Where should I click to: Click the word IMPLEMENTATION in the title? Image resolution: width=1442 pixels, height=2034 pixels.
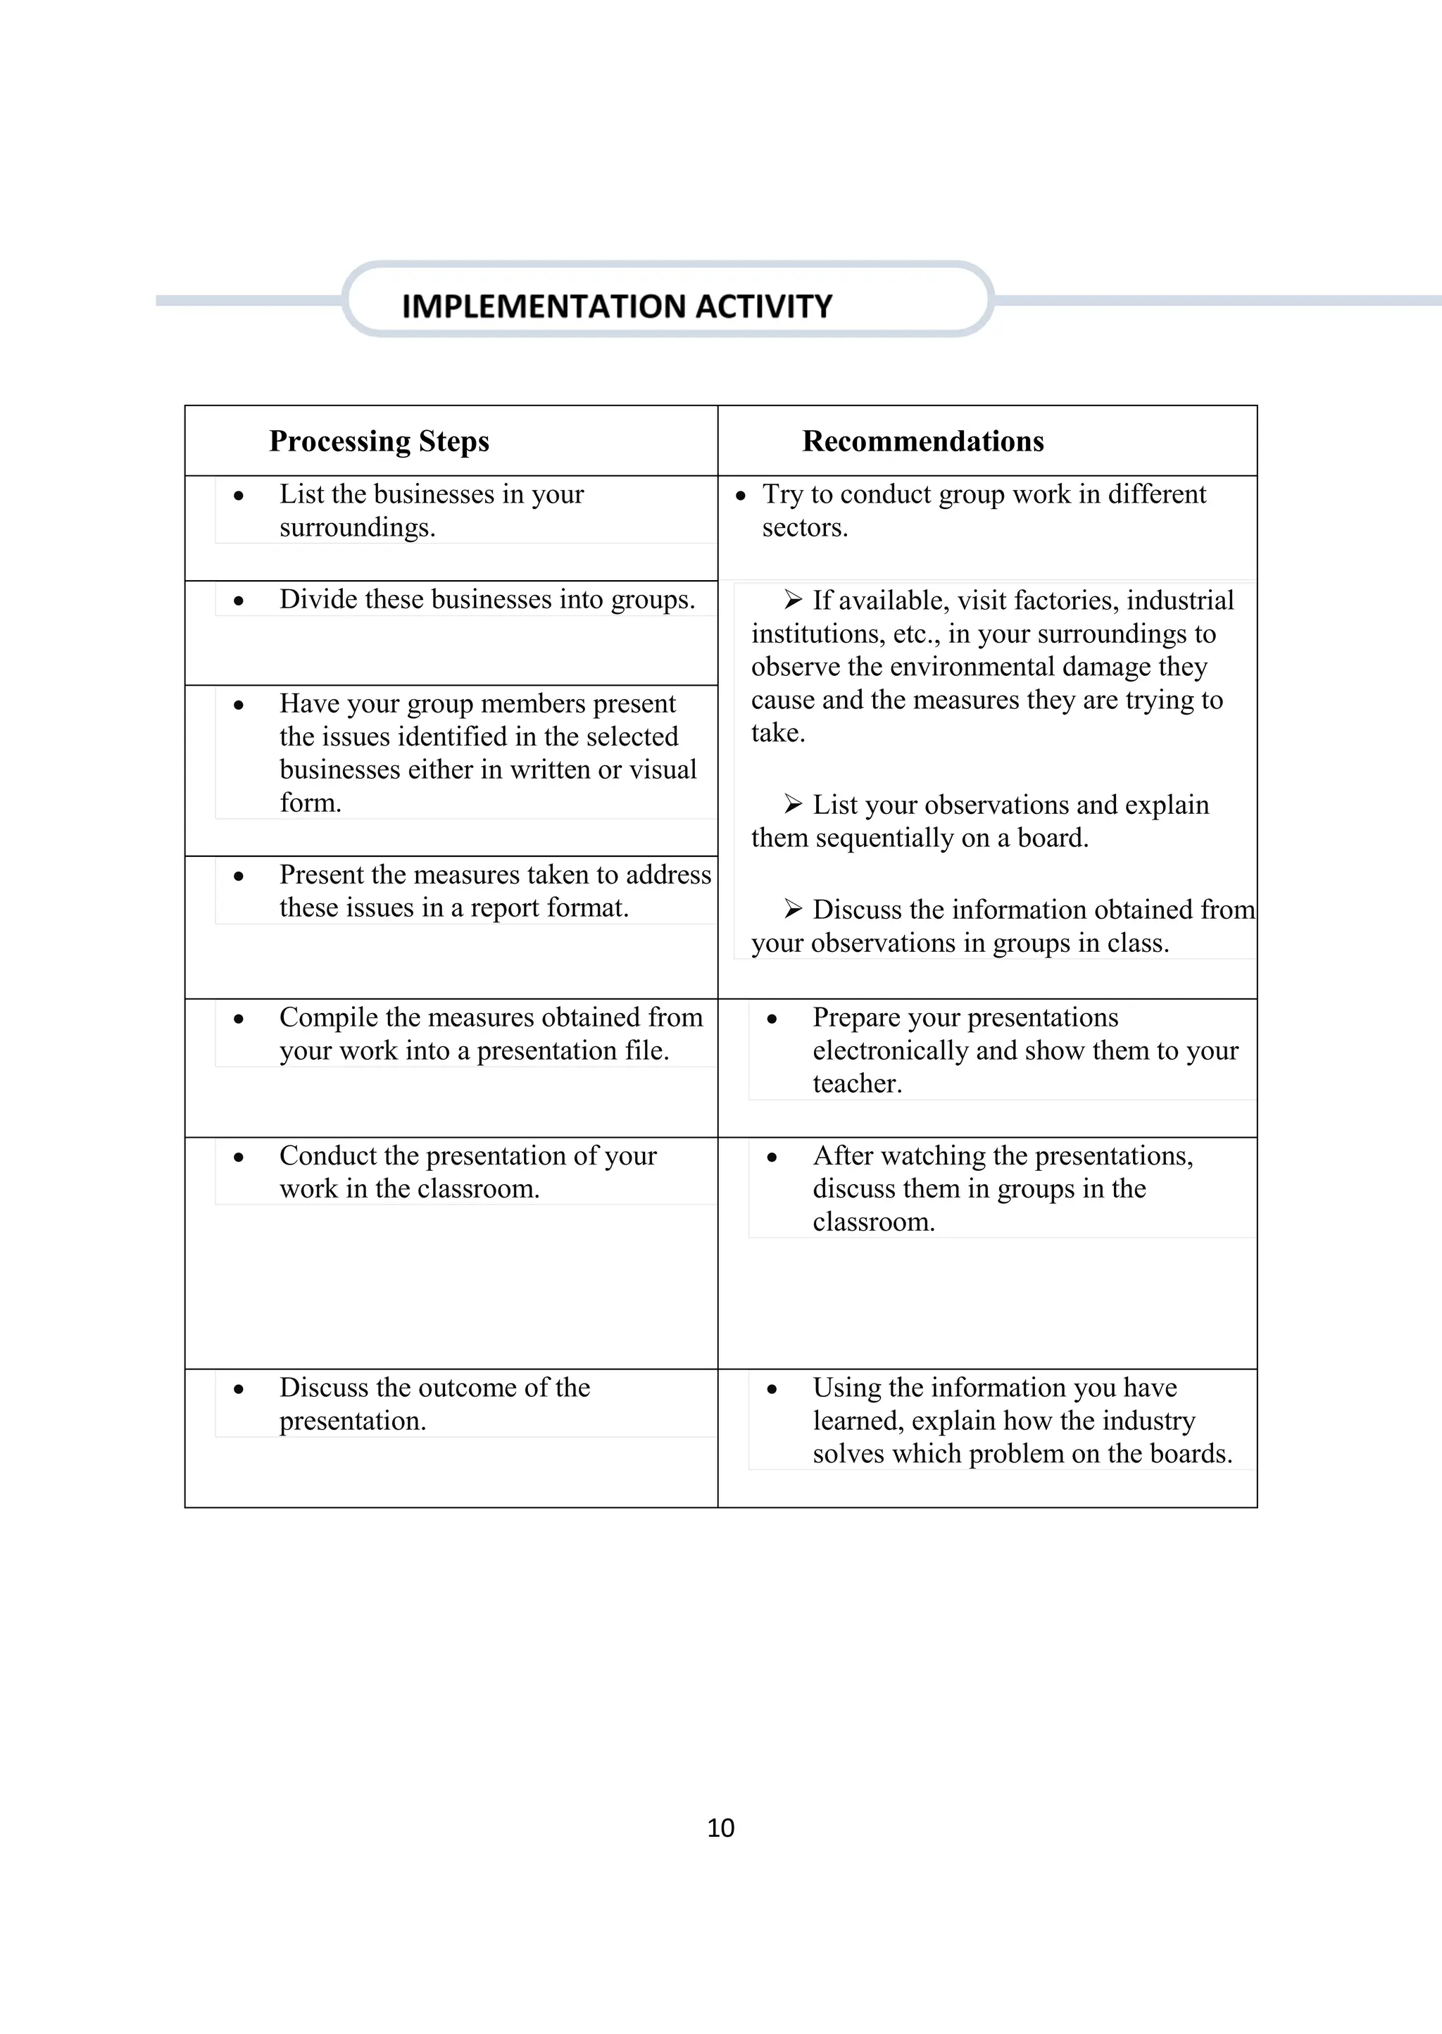click(x=544, y=306)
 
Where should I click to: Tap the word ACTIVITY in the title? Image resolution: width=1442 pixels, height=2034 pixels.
click(x=764, y=306)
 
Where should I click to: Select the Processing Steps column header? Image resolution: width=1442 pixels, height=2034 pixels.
click(x=379, y=441)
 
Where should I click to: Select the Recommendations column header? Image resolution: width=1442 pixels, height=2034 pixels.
click(x=922, y=441)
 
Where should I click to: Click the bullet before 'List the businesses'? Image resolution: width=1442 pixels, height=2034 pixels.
click(x=239, y=496)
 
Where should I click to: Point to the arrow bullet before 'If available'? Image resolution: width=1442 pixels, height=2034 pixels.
click(x=793, y=600)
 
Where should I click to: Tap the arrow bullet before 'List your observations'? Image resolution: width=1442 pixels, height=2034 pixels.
click(x=793, y=804)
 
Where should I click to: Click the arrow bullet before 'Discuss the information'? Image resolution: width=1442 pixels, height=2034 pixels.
click(x=793, y=909)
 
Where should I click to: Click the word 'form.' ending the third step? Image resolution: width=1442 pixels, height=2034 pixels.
click(x=310, y=803)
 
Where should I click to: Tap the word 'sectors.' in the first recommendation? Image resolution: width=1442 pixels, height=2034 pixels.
click(x=805, y=527)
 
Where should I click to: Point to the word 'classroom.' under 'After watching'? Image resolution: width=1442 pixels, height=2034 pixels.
click(x=873, y=1222)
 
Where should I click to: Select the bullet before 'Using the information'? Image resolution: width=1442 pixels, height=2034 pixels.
click(x=772, y=1389)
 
